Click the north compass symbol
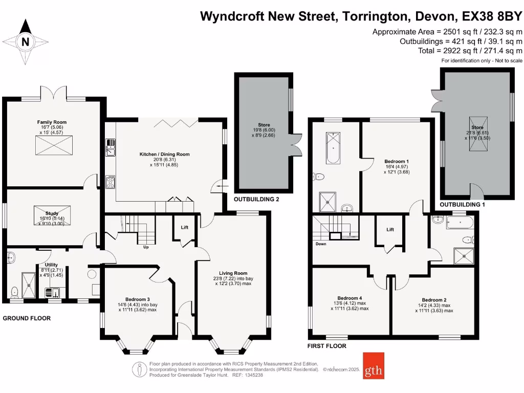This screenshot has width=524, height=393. point(25,42)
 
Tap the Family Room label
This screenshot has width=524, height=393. point(52,122)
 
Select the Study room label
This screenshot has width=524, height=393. point(52,213)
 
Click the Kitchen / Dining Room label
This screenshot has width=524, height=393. point(165,154)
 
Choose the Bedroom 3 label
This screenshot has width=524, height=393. point(138,299)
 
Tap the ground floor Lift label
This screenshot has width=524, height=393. point(184,228)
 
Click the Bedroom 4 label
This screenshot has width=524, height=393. point(350,298)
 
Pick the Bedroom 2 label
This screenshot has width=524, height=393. point(434,300)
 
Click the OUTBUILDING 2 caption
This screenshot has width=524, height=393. point(256,200)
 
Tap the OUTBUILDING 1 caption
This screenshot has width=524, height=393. point(463,205)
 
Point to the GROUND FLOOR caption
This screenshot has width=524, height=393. point(27,318)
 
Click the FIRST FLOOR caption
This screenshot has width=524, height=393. point(327,346)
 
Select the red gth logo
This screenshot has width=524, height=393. point(373,365)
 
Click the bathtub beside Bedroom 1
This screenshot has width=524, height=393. point(333,148)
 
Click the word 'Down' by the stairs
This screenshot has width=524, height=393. point(321,244)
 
